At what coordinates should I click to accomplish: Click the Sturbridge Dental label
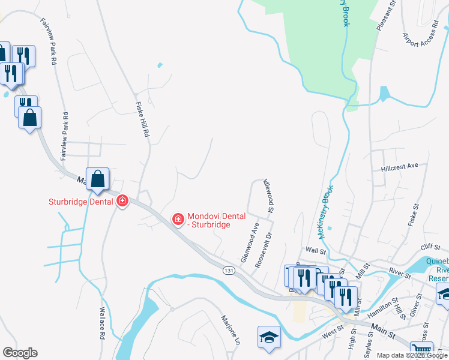point(81,202)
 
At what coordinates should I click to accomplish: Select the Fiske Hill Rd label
point(142,118)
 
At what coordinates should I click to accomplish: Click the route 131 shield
point(229,271)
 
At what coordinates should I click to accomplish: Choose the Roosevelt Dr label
point(264,250)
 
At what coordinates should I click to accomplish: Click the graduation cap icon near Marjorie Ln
point(269,337)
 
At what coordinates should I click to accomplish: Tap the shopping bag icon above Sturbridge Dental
point(98,178)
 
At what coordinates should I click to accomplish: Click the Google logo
point(20,353)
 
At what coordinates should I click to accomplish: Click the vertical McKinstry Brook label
point(324,210)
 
